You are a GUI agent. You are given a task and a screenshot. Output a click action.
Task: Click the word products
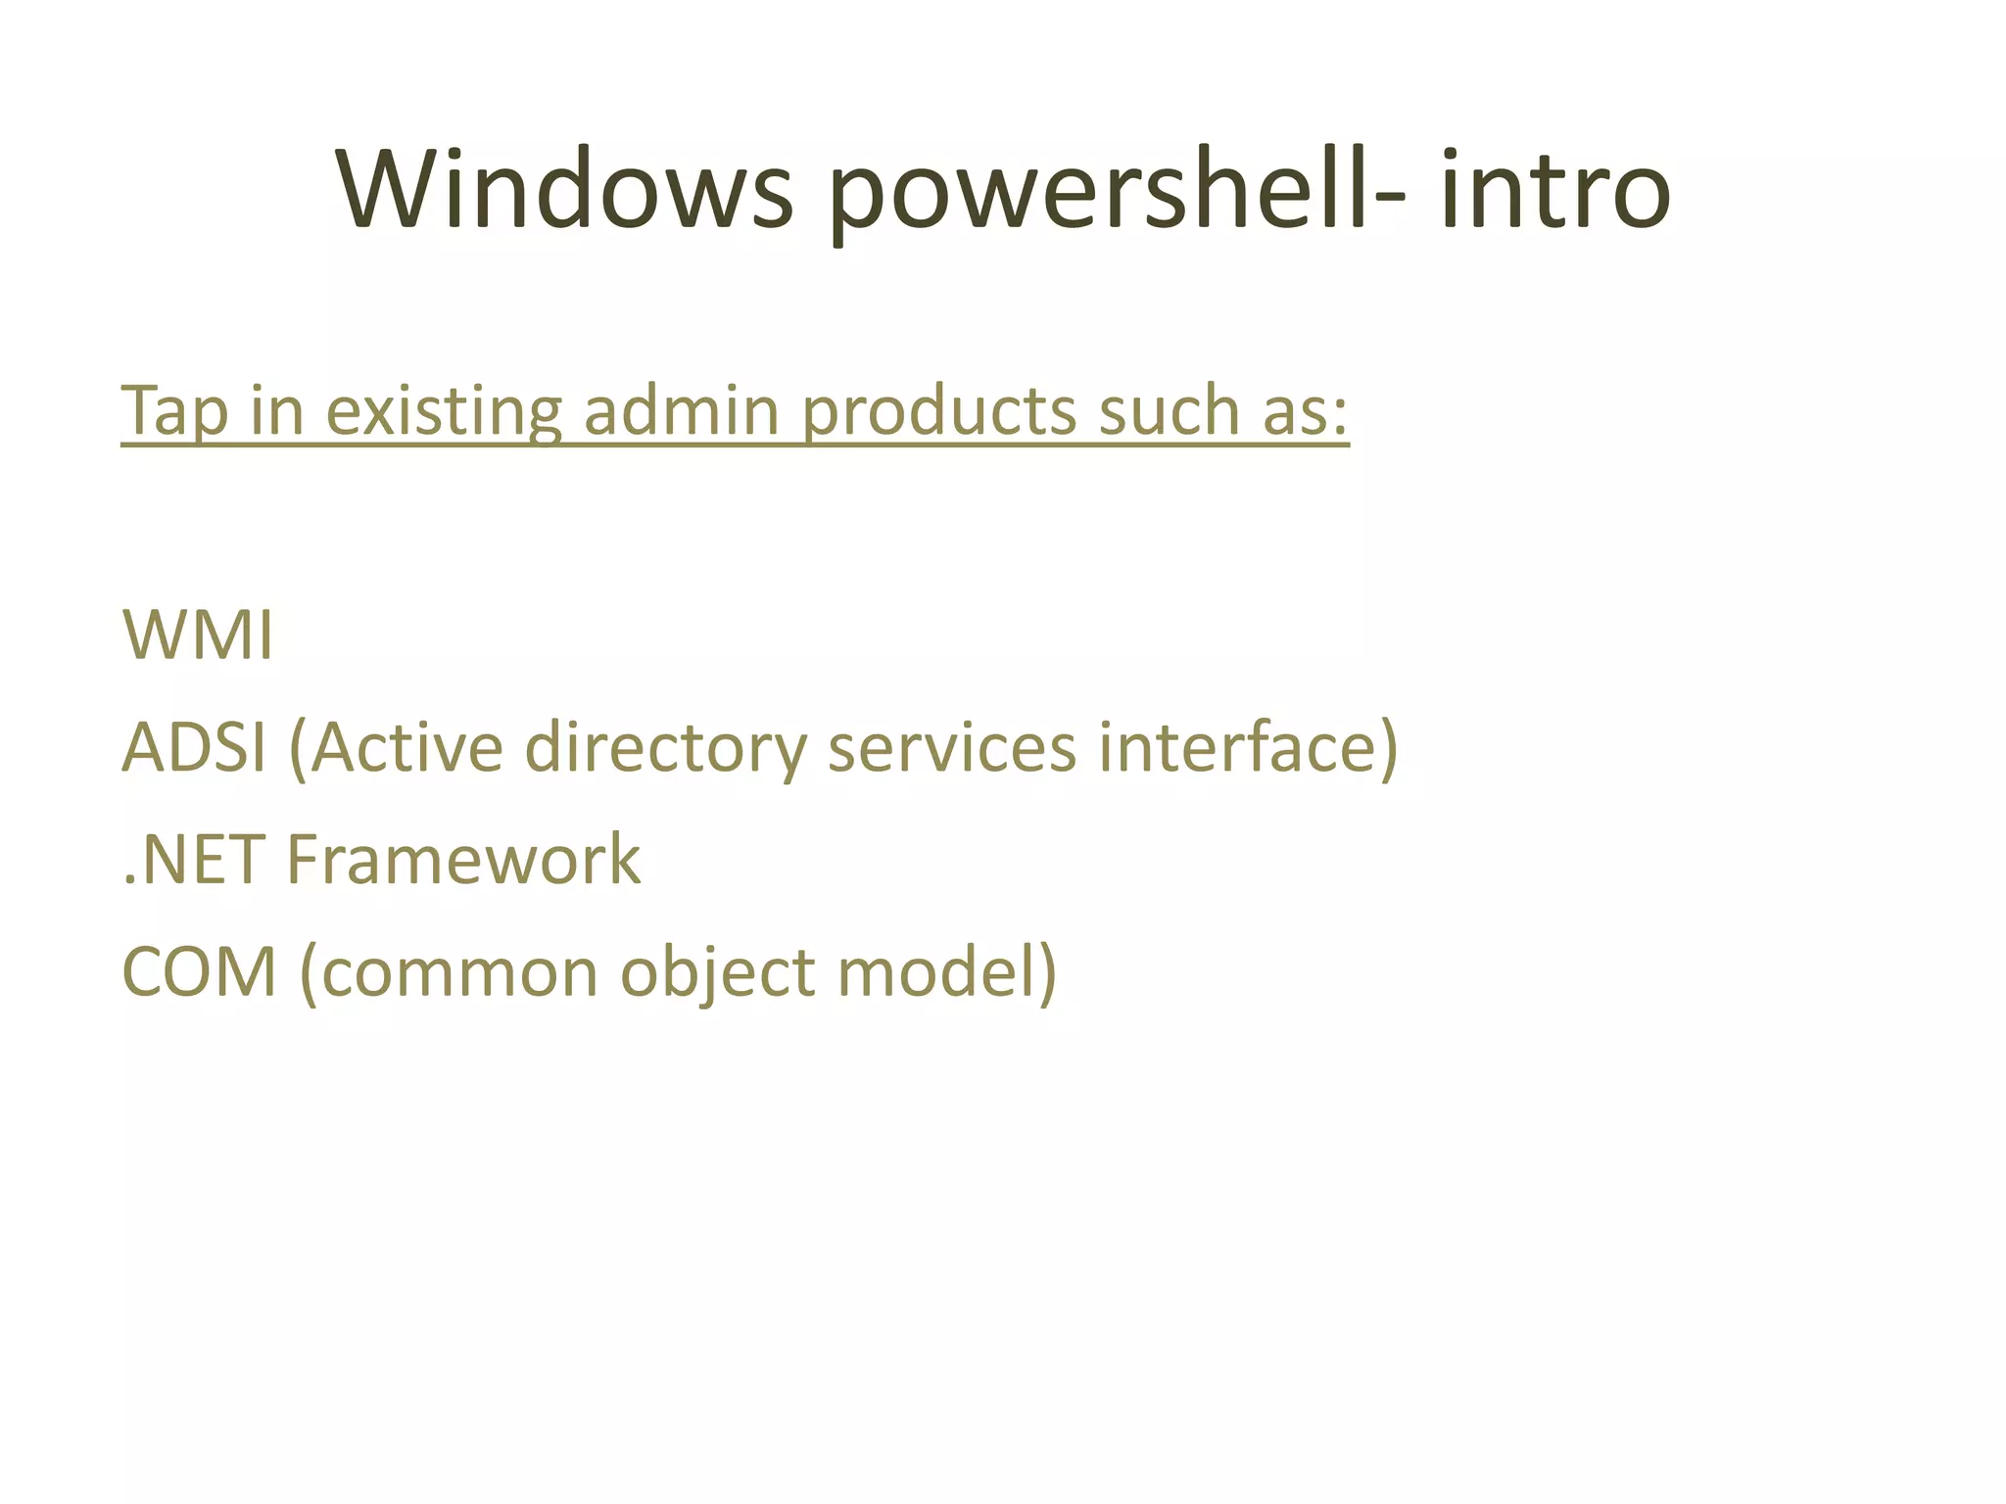click(939, 411)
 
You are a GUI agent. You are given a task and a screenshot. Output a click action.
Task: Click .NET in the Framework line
click(194, 861)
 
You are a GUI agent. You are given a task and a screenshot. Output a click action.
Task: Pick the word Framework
click(463, 861)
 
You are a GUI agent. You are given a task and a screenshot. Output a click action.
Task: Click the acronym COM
click(199, 973)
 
